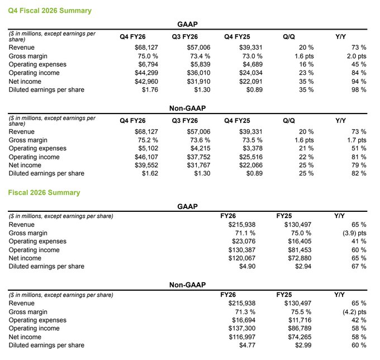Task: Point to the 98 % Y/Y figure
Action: [x=358, y=89]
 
